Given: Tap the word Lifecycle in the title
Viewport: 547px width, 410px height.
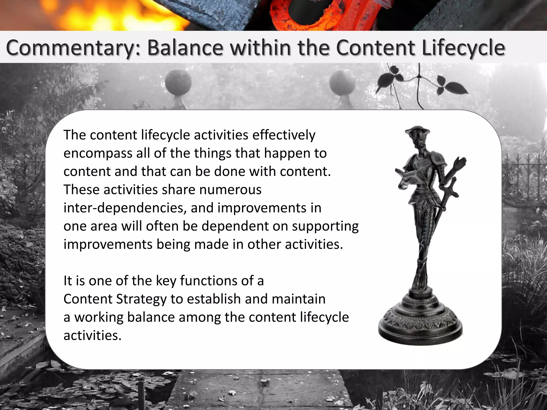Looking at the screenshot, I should click(464, 48).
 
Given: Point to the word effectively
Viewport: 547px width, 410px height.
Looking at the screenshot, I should click(284, 135).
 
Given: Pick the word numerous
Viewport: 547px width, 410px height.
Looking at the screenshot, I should click(230, 190).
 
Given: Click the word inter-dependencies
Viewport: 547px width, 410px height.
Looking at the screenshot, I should click(125, 208).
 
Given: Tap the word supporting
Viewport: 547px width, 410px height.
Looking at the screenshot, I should click(325, 227).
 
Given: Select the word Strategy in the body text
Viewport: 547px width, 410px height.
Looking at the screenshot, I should click(141, 299).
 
